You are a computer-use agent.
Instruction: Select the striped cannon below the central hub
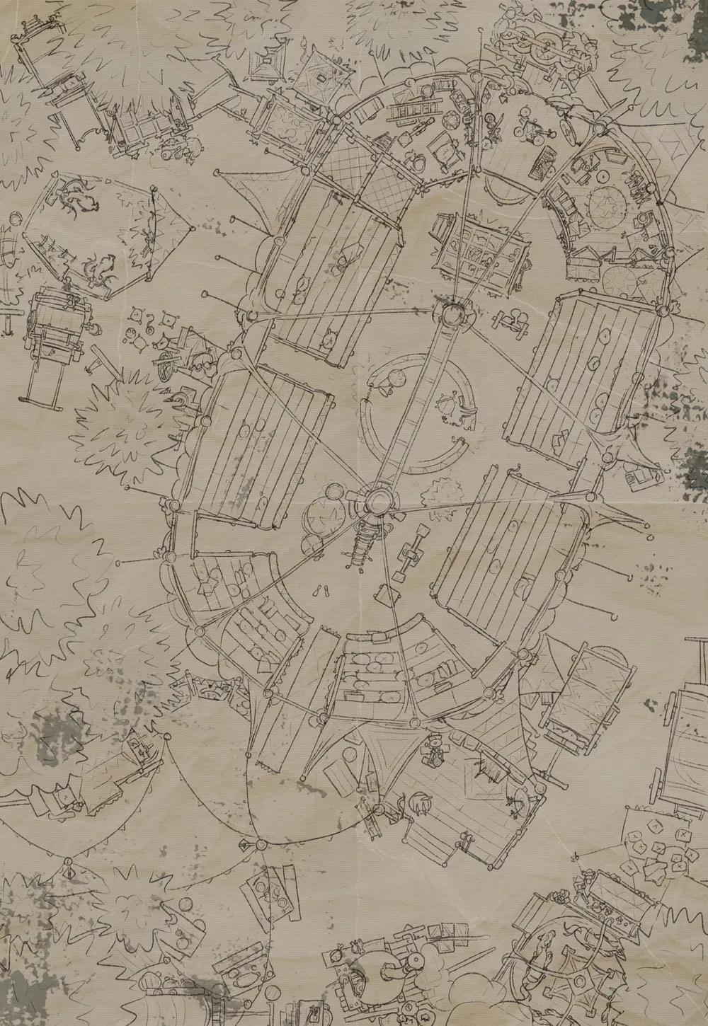363,545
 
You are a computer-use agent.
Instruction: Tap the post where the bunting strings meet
261,844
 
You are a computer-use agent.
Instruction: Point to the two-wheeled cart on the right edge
690,722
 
